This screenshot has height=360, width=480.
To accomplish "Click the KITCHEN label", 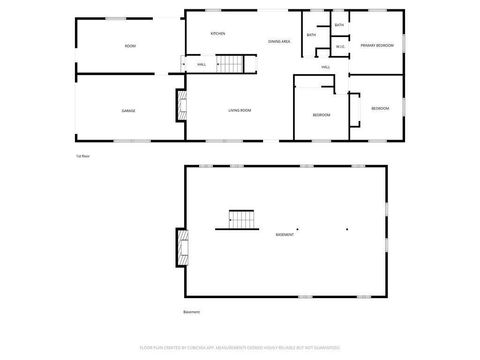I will [x=218, y=34].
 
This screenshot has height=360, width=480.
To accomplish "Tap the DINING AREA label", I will [x=279, y=41].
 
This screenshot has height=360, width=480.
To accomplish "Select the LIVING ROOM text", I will [x=240, y=110].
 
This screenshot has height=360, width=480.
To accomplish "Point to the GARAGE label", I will [x=129, y=110].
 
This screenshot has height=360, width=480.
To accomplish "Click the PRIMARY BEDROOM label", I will [x=377, y=46].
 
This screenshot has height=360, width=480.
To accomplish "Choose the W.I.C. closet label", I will [x=340, y=46].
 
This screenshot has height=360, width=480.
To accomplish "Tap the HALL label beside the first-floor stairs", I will [x=201, y=64].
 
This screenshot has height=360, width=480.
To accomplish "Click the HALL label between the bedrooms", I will [x=326, y=67].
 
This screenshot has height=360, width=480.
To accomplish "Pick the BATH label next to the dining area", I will [x=312, y=35].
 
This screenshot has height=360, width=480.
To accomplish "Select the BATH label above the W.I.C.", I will [x=339, y=25].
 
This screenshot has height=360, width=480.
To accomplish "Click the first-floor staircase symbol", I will [x=231, y=63].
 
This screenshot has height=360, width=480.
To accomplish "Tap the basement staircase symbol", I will [x=243, y=218].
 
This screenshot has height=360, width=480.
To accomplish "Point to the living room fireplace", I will [x=182, y=105].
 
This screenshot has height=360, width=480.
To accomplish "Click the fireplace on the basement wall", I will [x=182, y=246].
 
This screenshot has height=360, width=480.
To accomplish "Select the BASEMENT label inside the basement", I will [x=285, y=235].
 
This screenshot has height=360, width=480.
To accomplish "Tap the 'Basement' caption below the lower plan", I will [x=191, y=311].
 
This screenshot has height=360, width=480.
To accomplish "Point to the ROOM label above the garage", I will [x=130, y=47].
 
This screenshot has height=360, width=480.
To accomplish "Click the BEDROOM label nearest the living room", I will [x=321, y=115].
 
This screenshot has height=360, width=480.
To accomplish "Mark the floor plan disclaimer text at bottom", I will [x=240, y=347].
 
